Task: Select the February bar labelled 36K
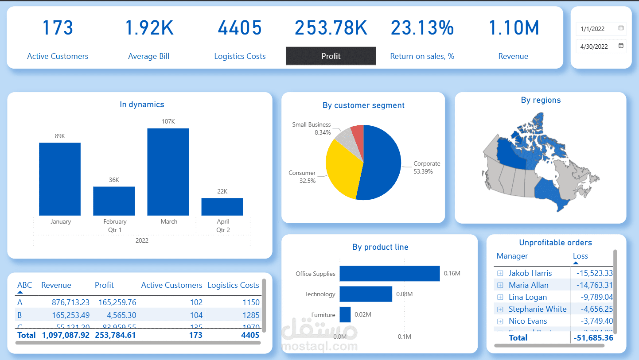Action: (114, 201)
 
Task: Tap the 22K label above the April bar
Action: (222, 191)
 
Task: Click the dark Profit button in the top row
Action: (331, 56)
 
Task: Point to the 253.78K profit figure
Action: (331, 28)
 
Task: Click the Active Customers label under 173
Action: (58, 56)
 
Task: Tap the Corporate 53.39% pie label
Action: (426, 167)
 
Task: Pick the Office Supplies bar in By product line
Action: (390, 274)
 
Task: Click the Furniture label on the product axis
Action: (323, 315)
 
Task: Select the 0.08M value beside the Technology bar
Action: (404, 294)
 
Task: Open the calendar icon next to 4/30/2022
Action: (621, 46)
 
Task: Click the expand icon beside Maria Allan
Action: (500, 285)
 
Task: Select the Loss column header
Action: (580, 256)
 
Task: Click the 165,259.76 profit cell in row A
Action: (115, 302)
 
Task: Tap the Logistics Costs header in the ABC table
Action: (233, 285)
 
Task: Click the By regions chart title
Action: (541, 100)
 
